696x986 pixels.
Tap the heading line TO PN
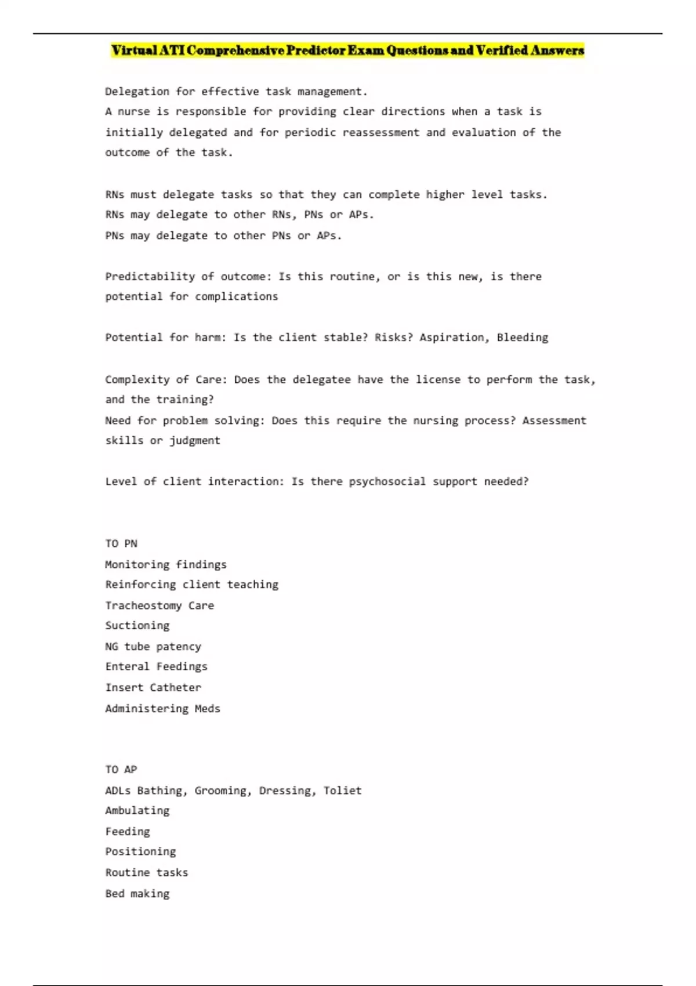point(121,543)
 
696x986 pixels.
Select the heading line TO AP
point(121,770)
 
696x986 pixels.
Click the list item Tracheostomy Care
point(159,606)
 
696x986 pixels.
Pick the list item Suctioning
point(137,626)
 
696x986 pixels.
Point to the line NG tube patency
point(153,647)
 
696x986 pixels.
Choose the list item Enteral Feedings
point(156,667)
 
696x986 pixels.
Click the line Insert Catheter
point(153,688)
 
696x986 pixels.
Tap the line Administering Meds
point(162,709)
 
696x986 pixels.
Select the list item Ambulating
point(137,811)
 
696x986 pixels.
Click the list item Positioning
point(140,852)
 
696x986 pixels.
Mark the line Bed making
point(137,894)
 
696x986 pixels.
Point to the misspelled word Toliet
point(342,791)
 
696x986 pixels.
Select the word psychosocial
point(387,481)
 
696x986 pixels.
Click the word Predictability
point(150,277)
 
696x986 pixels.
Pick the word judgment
point(194,441)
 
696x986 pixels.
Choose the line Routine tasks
point(147,873)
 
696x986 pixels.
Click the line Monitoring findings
point(166,564)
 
